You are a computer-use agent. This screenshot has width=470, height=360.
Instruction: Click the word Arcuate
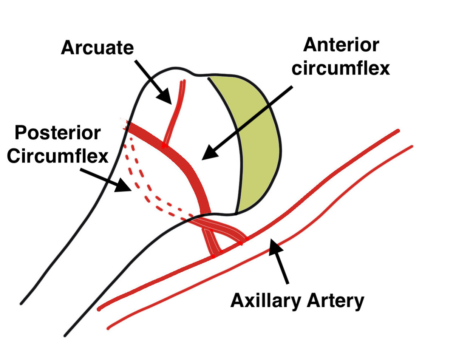click(x=97, y=48)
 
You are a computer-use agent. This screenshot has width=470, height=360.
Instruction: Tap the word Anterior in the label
click(x=341, y=45)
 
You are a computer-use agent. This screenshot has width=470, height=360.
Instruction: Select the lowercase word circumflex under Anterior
click(x=340, y=68)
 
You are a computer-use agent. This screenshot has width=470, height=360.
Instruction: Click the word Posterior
click(x=57, y=133)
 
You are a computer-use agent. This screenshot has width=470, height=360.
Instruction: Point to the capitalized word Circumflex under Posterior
click(x=57, y=156)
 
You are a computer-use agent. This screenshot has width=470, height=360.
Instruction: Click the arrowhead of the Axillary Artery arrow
click(x=276, y=247)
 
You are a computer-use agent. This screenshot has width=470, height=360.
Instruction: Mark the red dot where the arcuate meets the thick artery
click(x=164, y=145)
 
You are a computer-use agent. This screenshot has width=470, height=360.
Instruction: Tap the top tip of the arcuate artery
click(x=183, y=81)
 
